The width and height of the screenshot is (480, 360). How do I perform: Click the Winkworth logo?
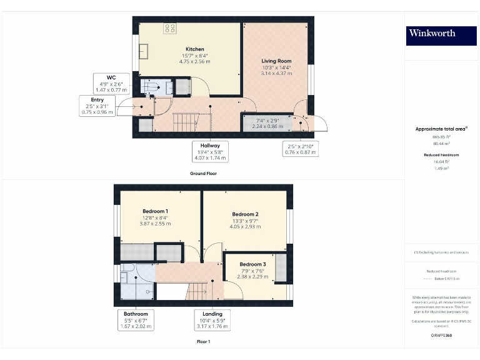[x=432, y=34]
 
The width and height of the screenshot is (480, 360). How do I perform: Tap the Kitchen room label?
[x=194, y=49]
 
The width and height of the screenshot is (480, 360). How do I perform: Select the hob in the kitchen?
[x=169, y=27]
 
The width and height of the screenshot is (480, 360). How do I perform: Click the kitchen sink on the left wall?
[x=143, y=50]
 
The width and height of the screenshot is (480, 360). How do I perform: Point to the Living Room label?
[x=276, y=61]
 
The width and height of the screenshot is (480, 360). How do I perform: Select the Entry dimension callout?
[x=97, y=106]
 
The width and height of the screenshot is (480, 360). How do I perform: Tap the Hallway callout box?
[x=210, y=151]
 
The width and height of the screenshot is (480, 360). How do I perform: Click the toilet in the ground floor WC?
[x=151, y=88]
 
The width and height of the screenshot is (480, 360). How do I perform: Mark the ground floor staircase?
[x=184, y=119]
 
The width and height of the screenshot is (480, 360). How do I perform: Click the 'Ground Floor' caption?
[x=204, y=173]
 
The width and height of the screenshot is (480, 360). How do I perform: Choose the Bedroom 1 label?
[x=155, y=211]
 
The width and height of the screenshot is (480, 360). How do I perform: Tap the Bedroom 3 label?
[x=253, y=264]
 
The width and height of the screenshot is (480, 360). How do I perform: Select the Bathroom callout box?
[x=136, y=319]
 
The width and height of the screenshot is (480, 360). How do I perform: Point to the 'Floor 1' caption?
[x=203, y=342]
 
